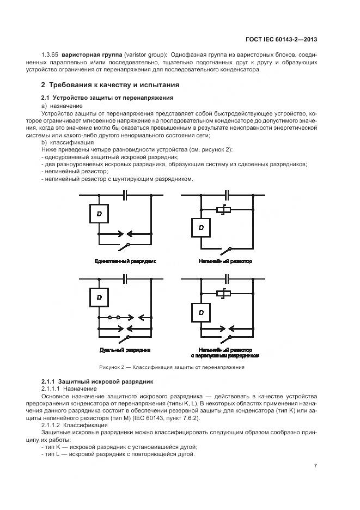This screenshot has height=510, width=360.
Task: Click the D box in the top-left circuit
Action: [x=99, y=214]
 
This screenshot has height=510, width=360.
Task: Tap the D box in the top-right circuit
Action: [x=201, y=227]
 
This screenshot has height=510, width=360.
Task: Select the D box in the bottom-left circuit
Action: [x=99, y=297]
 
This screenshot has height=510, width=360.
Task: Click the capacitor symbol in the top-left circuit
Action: [x=125, y=195]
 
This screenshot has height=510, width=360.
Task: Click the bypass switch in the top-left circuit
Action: [x=127, y=246]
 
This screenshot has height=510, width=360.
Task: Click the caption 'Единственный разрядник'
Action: [x=125, y=262]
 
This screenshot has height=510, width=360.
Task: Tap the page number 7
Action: [x=316, y=465]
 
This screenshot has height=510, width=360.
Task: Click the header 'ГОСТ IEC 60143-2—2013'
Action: [x=282, y=39]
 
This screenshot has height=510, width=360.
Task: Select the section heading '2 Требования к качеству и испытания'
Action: [x=111, y=86]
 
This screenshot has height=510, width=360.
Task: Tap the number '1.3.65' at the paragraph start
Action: [x=50, y=55]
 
